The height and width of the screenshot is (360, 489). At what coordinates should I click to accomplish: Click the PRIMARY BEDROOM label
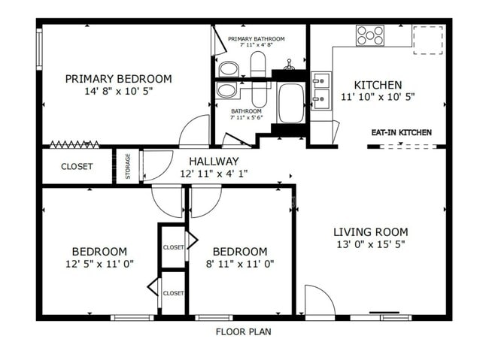tap(117, 78)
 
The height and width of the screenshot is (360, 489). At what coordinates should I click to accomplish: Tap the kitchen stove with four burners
tap(370, 35)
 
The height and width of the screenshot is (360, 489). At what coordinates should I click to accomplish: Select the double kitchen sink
tap(321, 89)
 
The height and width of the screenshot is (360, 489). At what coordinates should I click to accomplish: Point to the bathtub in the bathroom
tap(290, 102)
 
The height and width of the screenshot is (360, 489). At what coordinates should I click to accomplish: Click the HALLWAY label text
tap(214, 161)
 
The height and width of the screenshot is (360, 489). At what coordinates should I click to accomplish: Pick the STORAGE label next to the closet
tap(128, 166)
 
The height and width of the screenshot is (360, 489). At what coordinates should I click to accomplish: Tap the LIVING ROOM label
tap(371, 232)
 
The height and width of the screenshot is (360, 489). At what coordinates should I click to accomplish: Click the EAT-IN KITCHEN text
tap(401, 133)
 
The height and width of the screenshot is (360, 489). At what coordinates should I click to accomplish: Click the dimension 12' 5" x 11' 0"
tap(99, 264)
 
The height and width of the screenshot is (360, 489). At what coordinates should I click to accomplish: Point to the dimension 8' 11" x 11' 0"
tap(239, 264)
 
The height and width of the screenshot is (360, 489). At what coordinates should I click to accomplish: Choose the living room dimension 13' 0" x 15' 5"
tap(371, 245)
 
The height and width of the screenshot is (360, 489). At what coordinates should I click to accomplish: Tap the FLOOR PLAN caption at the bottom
tap(243, 331)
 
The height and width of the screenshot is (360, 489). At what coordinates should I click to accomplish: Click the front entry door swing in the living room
tap(320, 301)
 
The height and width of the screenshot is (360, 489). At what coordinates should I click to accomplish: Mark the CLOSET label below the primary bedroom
tap(77, 167)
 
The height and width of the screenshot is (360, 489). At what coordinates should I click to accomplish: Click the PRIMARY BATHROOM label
tap(257, 38)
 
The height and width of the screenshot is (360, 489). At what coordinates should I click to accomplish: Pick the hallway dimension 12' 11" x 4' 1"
tap(214, 174)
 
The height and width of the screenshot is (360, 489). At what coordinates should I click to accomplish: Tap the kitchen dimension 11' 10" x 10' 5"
tap(378, 97)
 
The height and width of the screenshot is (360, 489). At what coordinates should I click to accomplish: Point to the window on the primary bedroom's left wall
tap(40, 49)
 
